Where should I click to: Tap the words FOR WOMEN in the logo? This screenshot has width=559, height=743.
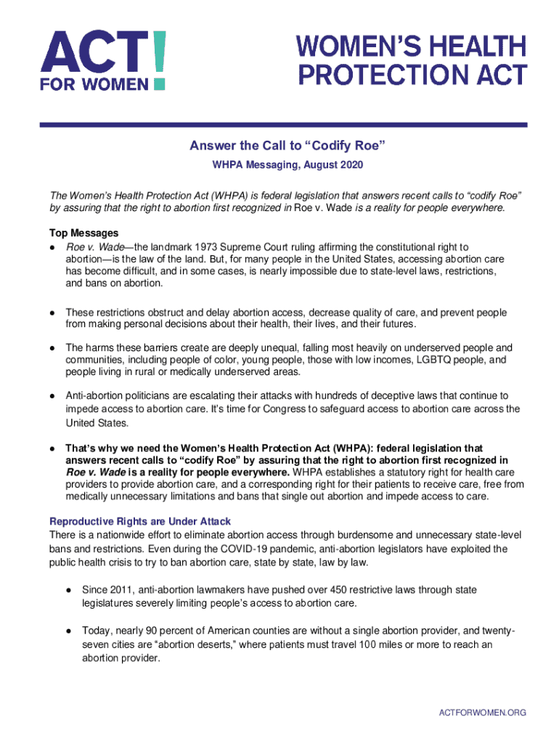coord(94,83)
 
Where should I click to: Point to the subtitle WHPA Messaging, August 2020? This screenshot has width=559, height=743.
coord(287,165)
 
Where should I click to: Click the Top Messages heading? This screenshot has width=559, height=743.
coord(83,233)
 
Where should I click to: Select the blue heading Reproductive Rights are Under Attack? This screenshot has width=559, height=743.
coord(139,522)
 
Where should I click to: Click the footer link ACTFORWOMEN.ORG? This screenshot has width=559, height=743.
coord(483,713)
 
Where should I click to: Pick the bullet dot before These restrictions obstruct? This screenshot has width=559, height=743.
coord(52,313)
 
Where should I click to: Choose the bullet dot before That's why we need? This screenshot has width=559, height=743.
coord(52,448)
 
